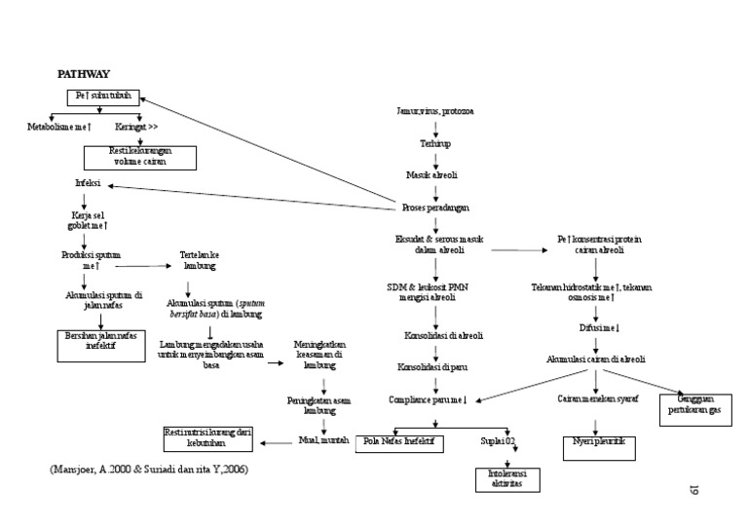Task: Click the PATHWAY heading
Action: pyautogui.click(x=84, y=74)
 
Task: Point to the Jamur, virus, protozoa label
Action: pyautogui.click(x=435, y=112)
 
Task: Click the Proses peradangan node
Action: pyautogui.click(x=435, y=208)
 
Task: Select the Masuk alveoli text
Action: pyautogui.click(x=431, y=175)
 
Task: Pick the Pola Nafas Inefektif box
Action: pyautogui.click(x=397, y=443)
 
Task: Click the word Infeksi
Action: pyautogui.click(x=88, y=182)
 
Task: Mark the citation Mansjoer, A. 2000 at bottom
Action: pyautogui.click(x=146, y=471)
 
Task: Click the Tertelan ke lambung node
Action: pyautogui.click(x=199, y=259)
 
